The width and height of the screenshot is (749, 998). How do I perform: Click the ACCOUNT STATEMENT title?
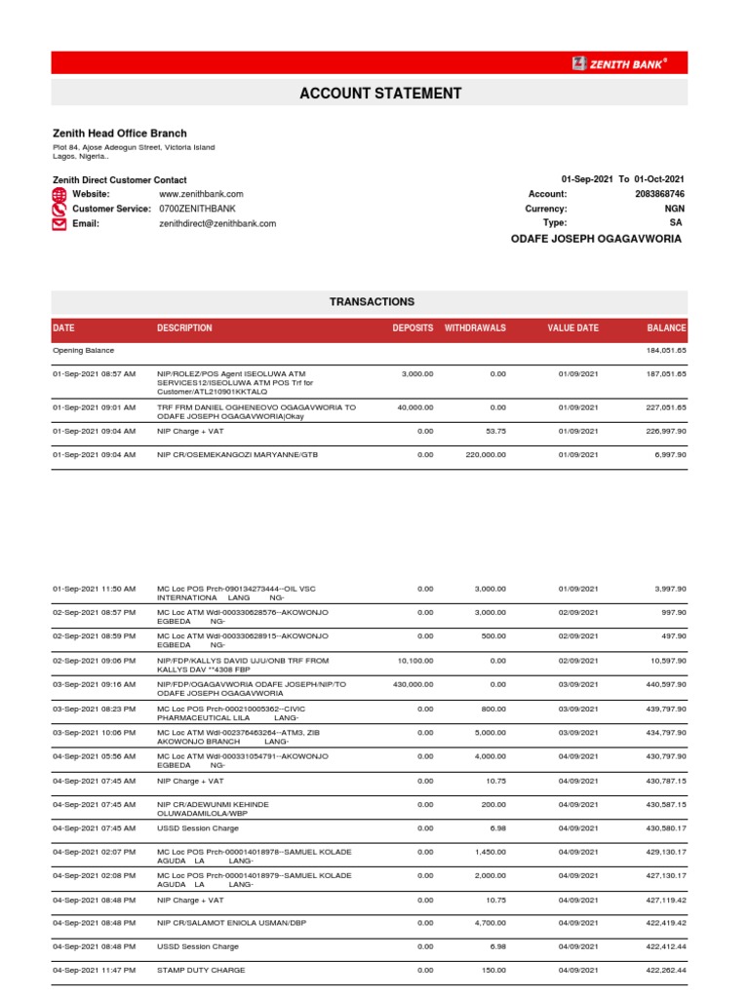point(379,94)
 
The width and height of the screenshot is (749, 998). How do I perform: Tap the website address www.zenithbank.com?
point(201,194)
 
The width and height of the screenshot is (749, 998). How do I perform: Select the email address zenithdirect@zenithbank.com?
point(217,223)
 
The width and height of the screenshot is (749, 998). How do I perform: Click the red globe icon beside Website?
point(59,194)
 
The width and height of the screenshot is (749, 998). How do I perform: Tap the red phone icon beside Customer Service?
point(59,209)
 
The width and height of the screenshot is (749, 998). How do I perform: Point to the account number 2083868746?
point(659,194)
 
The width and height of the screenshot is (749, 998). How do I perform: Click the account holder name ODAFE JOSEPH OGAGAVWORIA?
point(597,239)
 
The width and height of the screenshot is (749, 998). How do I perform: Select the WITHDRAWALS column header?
point(475,328)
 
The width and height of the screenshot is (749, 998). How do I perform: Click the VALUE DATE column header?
point(572,328)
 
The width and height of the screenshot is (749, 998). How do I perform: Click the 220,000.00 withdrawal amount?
point(484,454)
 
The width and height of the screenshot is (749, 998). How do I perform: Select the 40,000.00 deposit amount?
point(414,406)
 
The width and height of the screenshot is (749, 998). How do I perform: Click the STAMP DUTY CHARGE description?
point(201,971)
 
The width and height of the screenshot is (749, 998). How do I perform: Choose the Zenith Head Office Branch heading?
point(119,133)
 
